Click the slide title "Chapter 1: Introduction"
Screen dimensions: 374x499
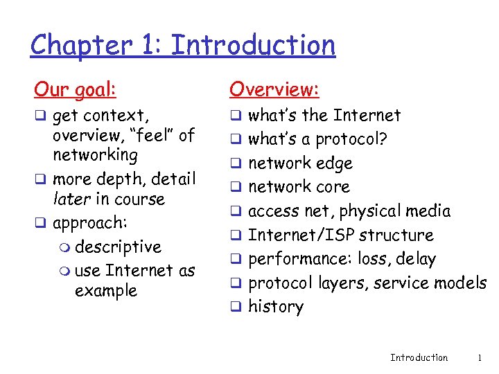click(183, 45)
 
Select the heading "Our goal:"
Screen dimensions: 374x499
click(76, 89)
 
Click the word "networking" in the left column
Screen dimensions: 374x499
click(95, 154)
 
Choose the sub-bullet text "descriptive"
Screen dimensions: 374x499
click(118, 247)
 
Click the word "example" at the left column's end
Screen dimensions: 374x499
click(105, 291)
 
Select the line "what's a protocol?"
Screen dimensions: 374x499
click(317, 139)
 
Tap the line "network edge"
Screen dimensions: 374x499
click(300, 163)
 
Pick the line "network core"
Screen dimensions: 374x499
click(299, 187)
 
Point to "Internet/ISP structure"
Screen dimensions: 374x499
click(340, 235)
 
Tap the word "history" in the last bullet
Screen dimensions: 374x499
click(275, 307)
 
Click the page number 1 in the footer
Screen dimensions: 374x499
click(480, 357)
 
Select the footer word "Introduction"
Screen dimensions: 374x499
click(419, 357)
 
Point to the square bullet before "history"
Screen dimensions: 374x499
click(234, 307)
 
